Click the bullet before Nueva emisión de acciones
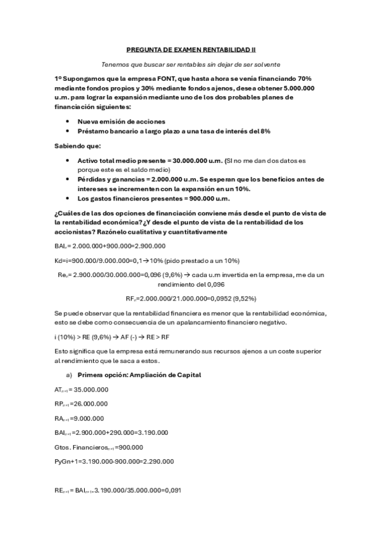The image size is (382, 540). coord(68,121)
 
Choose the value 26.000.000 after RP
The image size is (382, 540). coord(90,404)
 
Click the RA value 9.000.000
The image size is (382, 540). coord(87,418)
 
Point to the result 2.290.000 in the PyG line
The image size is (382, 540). coord(156,461)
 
